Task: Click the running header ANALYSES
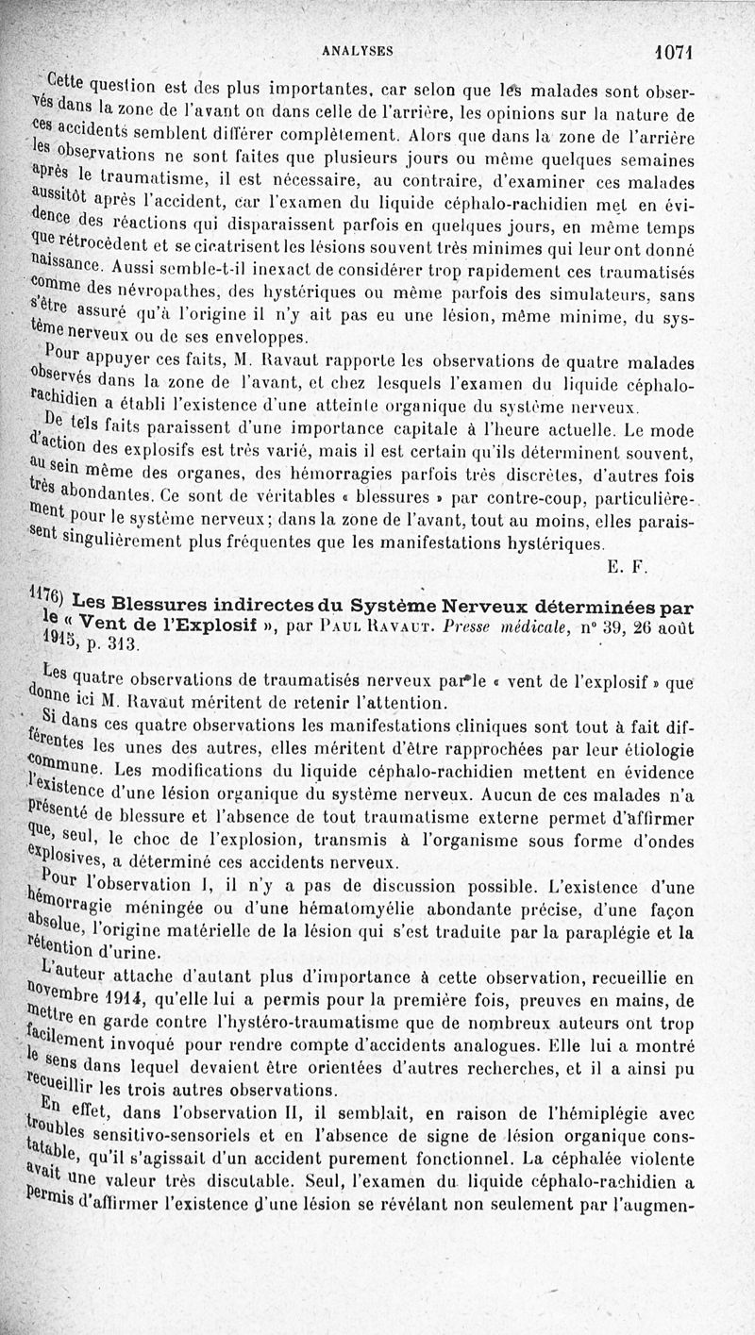[x=357, y=51]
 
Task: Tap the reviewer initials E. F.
[x=626, y=566]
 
